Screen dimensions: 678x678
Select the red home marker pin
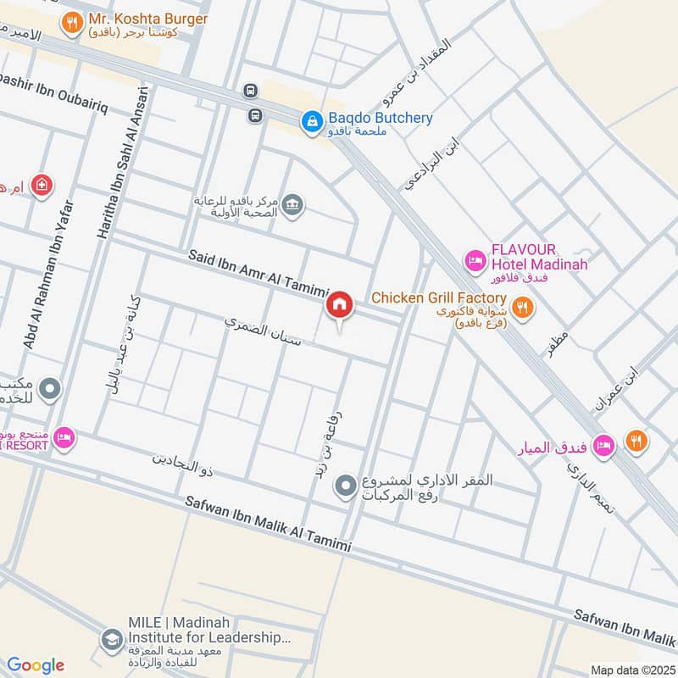coord(339,306)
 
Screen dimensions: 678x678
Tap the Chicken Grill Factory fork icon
coord(523,307)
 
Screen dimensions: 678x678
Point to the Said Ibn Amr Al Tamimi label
coord(253,269)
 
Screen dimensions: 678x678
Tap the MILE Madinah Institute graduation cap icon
coord(110,641)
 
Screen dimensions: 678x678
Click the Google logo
coord(36,665)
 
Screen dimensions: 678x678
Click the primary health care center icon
coord(292,206)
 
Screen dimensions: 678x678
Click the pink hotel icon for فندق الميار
coord(603,444)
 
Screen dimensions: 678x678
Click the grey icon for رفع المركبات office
coord(345,486)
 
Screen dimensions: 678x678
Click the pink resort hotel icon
coord(64,438)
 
